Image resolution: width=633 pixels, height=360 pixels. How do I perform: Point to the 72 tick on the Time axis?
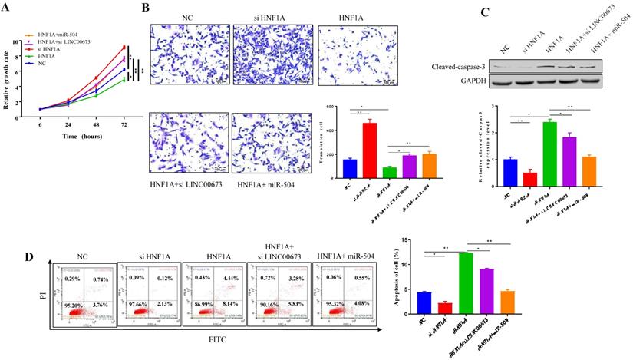pos(124,116)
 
